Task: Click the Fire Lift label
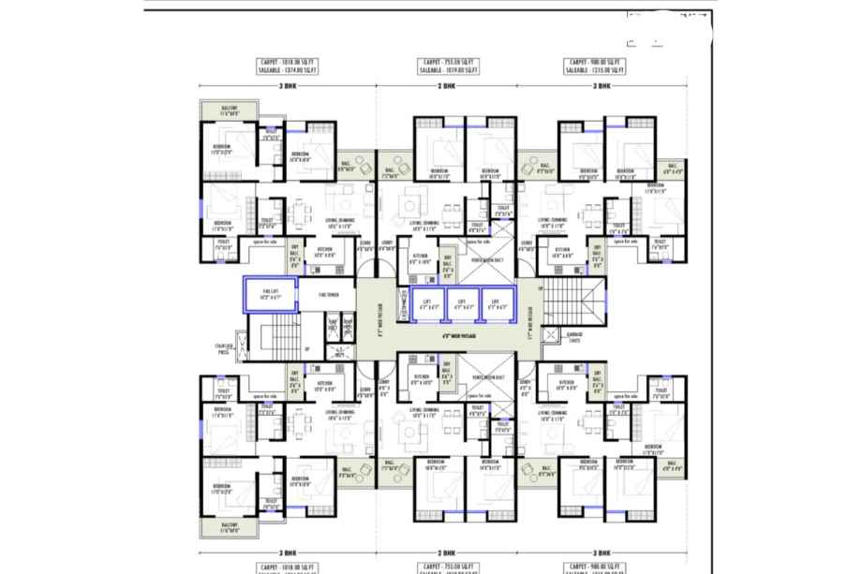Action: point(269,294)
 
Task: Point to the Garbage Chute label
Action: point(574,336)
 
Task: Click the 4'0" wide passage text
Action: point(459,333)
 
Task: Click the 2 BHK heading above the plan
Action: point(448,85)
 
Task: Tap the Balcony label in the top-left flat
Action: point(229,109)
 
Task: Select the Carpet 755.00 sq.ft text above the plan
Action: point(448,61)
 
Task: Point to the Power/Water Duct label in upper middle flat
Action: point(488,259)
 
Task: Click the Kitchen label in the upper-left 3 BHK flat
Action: point(324,253)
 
